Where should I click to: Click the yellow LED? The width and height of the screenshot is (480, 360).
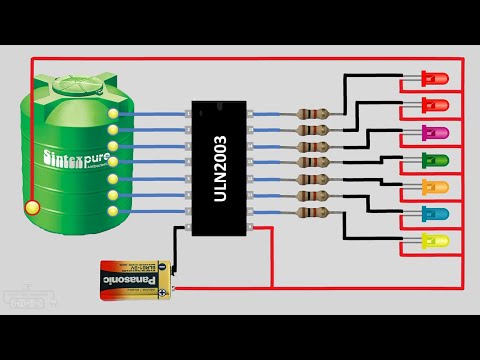(x=436, y=241)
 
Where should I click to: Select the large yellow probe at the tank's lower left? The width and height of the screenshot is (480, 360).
(x=33, y=208)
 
